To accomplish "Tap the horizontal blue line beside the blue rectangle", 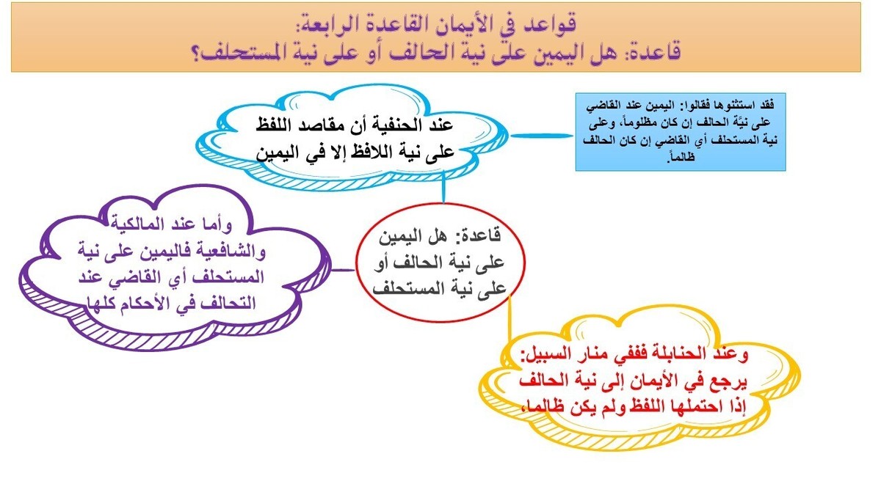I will pos(541,136).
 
